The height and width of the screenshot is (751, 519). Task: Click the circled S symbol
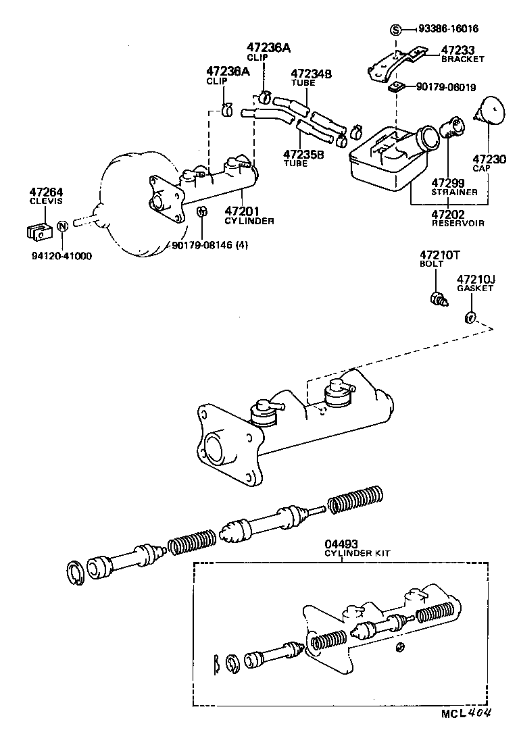point(396,29)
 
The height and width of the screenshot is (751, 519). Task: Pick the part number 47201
point(241,211)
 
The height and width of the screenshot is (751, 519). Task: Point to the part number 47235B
point(303,154)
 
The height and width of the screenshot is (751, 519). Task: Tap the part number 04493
point(342,543)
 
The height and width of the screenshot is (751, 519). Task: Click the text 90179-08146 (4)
point(209,246)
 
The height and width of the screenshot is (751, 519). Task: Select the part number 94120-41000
point(61,256)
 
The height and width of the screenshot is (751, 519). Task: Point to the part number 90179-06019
point(446,87)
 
